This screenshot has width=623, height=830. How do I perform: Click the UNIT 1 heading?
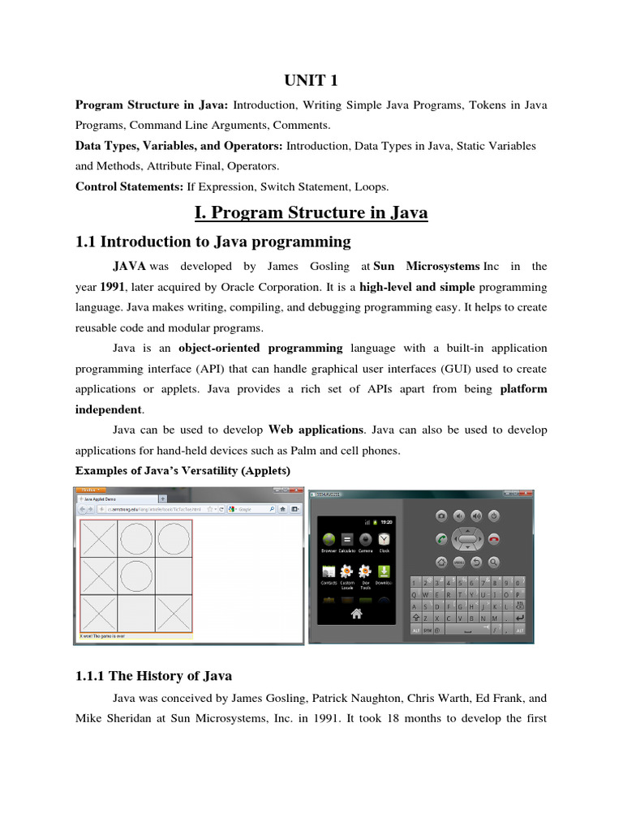point(311,80)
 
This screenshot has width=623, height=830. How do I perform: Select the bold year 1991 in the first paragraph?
point(114,288)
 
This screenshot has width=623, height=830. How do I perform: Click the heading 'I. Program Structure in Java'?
point(311,212)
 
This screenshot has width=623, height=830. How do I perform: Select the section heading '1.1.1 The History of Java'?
point(153,676)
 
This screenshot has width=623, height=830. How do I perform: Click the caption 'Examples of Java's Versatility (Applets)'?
point(182,470)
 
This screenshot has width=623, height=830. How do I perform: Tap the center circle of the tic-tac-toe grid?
point(136,576)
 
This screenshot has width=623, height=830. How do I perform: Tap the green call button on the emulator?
point(441,539)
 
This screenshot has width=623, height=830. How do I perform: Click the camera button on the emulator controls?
point(441,516)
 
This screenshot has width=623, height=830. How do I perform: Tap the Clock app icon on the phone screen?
point(385,540)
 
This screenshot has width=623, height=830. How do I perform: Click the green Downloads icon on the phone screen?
point(385,571)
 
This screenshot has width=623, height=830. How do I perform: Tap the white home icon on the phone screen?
point(356,614)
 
